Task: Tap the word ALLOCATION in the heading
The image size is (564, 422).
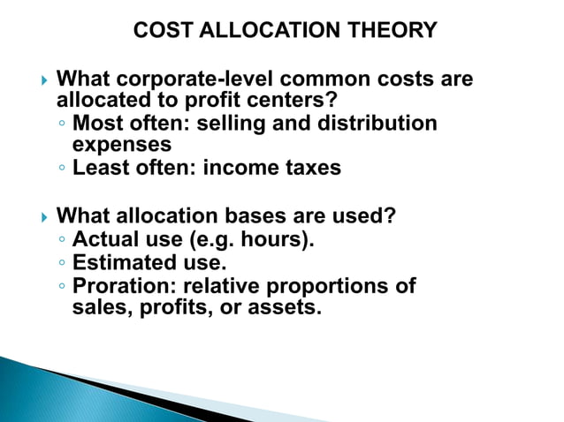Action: [261, 31]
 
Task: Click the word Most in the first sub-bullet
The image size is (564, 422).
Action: [96, 123]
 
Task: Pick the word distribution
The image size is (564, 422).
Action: [385, 123]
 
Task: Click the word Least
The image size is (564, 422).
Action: [100, 168]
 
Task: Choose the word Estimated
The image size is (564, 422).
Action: [125, 262]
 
